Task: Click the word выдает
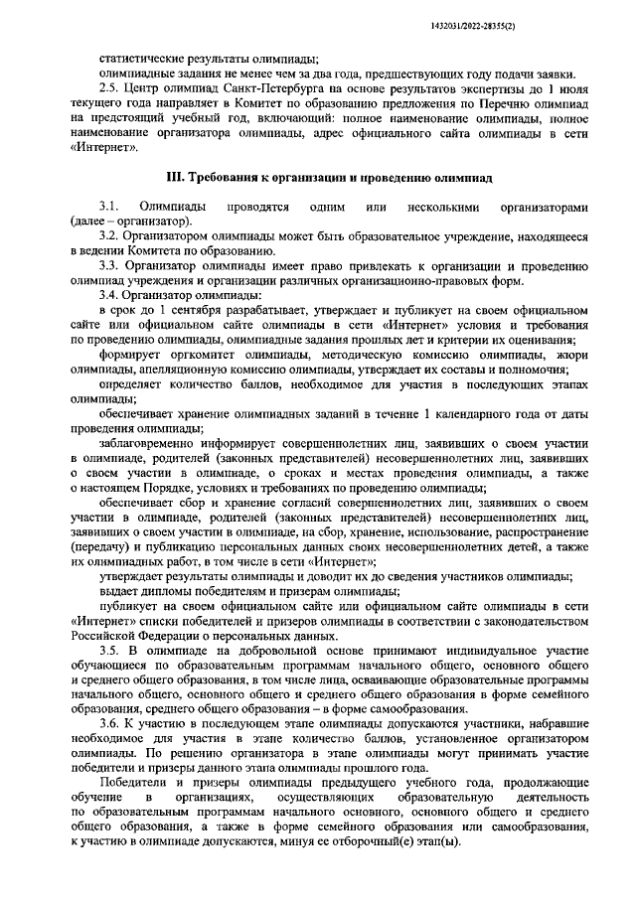coord(118,590)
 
